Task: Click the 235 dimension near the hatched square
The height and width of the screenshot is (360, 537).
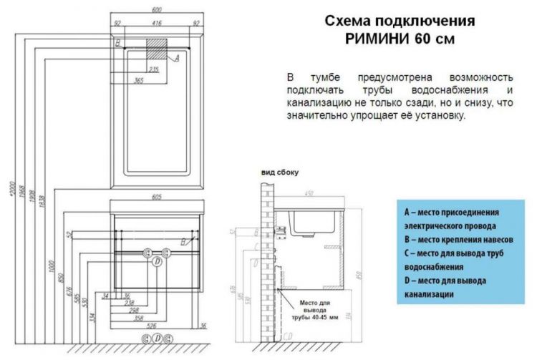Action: pyautogui.click(x=153, y=69)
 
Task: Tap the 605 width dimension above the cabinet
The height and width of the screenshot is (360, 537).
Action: pyautogui.click(x=155, y=195)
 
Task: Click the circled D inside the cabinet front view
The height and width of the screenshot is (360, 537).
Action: pyautogui.click(x=157, y=262)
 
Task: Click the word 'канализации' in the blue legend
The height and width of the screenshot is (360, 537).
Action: pyautogui.click(x=429, y=294)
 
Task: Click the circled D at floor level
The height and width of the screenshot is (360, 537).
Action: pyautogui.click(x=157, y=339)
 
